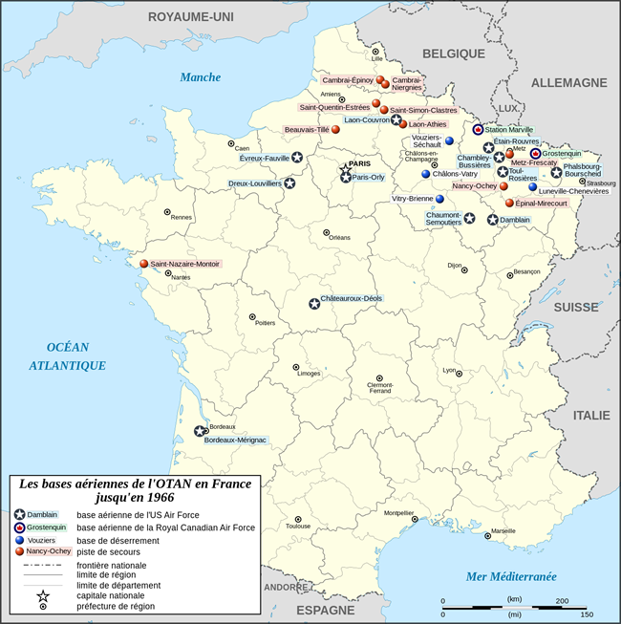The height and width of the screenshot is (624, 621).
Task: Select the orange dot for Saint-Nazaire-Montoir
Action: click(x=144, y=264)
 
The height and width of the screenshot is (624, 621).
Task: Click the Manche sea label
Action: click(x=201, y=77)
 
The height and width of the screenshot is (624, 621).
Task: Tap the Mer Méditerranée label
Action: click(x=510, y=576)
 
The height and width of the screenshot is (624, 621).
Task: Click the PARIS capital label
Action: click(x=358, y=163)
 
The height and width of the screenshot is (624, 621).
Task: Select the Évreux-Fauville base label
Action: click(x=265, y=158)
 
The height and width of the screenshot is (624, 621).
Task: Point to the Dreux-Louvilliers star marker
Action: click(x=289, y=183)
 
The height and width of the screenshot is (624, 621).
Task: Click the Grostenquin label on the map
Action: click(x=562, y=153)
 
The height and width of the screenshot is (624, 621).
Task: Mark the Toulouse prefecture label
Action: click(x=298, y=527)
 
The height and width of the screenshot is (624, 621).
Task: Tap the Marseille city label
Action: click(x=503, y=531)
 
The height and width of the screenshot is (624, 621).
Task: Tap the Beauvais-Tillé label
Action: click(x=307, y=129)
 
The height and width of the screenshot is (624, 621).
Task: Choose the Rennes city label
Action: click(x=182, y=217)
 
